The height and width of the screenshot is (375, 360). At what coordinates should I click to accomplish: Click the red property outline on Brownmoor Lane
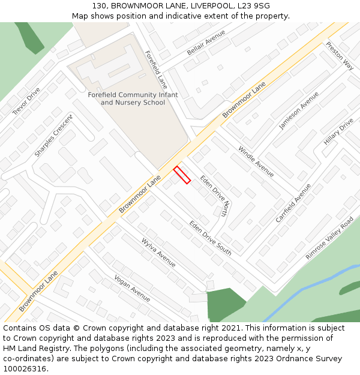182,175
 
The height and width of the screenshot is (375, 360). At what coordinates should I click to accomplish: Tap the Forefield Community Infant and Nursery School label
133,99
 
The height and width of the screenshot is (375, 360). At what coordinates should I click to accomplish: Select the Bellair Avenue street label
206,43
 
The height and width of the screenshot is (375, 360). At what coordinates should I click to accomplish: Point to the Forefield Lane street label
155,70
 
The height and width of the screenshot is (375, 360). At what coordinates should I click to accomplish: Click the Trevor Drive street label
26,101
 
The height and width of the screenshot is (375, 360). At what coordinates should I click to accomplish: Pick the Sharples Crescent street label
53,136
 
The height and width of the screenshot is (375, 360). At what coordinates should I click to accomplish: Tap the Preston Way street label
340,55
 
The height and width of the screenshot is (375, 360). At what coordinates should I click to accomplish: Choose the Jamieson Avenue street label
299,110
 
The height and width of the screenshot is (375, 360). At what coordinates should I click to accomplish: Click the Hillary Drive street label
338,131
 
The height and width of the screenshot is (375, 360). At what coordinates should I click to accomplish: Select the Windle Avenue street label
256,161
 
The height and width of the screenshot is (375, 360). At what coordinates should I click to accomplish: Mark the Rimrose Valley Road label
329,238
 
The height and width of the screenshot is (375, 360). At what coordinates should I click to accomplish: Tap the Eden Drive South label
210,238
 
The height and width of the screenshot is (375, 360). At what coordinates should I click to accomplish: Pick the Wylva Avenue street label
158,253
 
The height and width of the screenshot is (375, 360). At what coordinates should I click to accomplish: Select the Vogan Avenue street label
132,288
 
